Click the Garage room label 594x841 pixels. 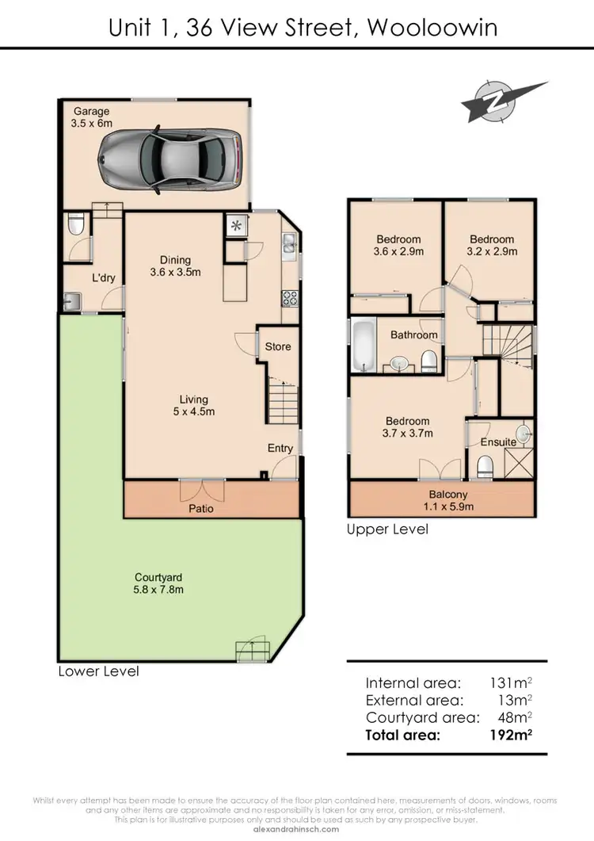[92, 118]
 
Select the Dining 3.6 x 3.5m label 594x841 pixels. [175, 266]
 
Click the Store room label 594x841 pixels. [277, 346]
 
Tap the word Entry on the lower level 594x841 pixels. [280, 448]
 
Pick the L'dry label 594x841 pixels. [104, 279]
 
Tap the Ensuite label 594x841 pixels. [498, 442]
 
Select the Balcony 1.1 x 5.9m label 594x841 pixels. [442, 499]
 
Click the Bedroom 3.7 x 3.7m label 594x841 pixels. [407, 427]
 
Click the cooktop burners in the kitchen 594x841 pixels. [290, 299]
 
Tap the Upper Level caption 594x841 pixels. [387, 529]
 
